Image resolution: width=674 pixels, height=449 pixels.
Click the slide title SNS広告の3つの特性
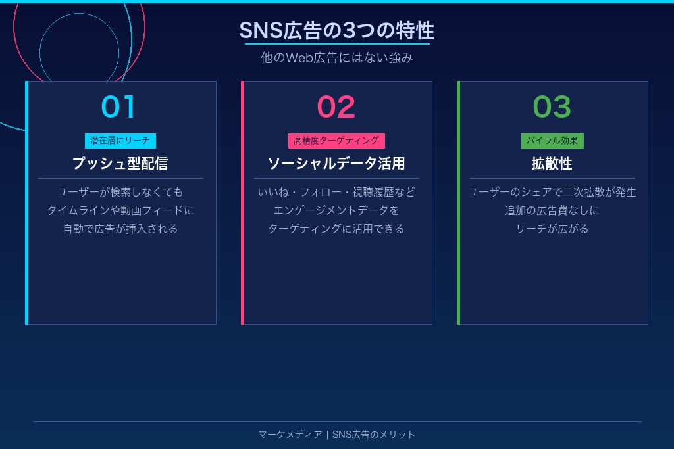[x=336, y=30]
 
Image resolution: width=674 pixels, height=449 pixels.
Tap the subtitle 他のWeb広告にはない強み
[x=336, y=58]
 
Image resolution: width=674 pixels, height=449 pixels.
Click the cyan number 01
[x=119, y=106]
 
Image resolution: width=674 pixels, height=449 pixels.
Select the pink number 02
[x=336, y=106]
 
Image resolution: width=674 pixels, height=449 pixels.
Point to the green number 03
[x=552, y=106]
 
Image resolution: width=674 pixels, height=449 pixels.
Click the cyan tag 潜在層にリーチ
[x=120, y=141]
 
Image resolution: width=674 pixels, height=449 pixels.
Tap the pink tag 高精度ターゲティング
[x=336, y=141]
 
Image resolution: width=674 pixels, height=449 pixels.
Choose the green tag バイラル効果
[x=552, y=141]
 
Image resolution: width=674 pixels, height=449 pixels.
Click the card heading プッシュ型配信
[x=120, y=163]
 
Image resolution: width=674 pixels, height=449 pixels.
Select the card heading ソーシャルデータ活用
[x=336, y=163]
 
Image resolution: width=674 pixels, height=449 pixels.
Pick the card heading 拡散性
[x=552, y=163]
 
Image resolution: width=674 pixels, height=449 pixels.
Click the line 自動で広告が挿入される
[x=120, y=229]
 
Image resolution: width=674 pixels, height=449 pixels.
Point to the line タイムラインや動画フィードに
[x=120, y=210]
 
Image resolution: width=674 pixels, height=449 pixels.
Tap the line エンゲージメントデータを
[x=336, y=210]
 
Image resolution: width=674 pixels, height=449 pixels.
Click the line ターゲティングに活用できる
[x=336, y=229]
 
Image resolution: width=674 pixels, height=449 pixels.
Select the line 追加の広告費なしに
[x=552, y=210]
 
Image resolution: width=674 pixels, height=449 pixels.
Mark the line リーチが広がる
[x=552, y=229]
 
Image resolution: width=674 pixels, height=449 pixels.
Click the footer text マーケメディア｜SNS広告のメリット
[x=336, y=435]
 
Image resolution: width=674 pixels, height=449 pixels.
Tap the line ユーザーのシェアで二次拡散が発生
[x=552, y=192]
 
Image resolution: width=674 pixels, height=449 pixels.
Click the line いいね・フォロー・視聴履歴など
[x=336, y=192]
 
